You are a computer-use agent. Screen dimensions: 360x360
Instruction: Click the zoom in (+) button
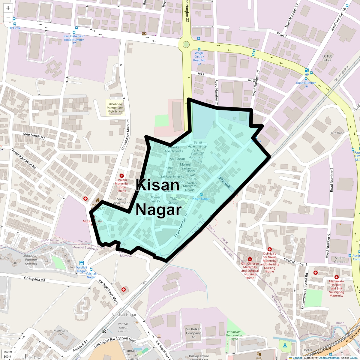point(8,8)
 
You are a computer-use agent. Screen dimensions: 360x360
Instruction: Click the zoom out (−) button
point(8,17)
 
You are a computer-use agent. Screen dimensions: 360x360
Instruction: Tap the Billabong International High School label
point(115,108)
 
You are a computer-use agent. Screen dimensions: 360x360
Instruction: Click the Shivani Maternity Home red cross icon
point(122,176)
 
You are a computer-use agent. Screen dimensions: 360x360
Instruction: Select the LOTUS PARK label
point(327,58)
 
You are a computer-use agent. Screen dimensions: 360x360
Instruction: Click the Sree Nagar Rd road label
point(34,136)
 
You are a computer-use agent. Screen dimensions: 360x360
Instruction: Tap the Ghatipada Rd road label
point(34,279)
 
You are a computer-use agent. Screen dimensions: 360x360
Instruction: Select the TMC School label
point(173,201)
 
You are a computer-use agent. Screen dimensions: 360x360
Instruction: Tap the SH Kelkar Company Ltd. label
point(193,333)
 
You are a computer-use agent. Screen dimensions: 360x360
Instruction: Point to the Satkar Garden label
point(340,260)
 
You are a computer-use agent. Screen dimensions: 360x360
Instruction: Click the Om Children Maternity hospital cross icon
point(250,259)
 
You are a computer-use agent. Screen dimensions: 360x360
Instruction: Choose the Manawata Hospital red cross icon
point(337,277)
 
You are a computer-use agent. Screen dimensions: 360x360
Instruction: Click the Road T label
point(282,35)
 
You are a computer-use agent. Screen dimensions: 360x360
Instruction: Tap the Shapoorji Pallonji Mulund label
point(30,260)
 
